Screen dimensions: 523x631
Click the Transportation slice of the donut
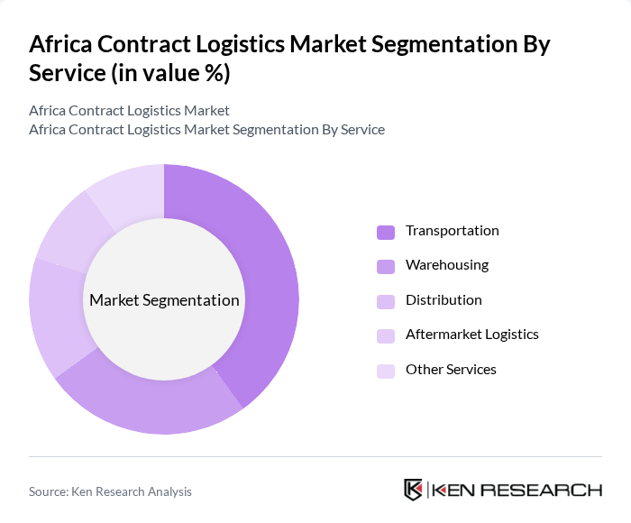(x=270, y=271)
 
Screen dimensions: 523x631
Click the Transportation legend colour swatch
(x=386, y=232)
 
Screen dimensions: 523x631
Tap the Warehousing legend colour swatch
(x=386, y=266)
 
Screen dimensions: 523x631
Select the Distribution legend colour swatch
(x=386, y=301)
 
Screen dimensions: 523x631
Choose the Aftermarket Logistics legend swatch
(x=386, y=335)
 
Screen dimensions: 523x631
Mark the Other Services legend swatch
(x=386, y=371)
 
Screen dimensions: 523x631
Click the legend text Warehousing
(x=447, y=265)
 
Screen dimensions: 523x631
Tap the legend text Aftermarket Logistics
(x=472, y=335)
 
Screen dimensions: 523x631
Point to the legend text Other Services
(x=451, y=370)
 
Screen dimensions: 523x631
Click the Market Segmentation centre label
(x=164, y=300)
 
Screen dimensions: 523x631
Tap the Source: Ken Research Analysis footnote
(x=110, y=491)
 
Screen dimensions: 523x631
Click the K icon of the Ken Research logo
(x=414, y=490)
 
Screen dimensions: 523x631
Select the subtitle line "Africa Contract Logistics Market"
(x=129, y=110)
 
